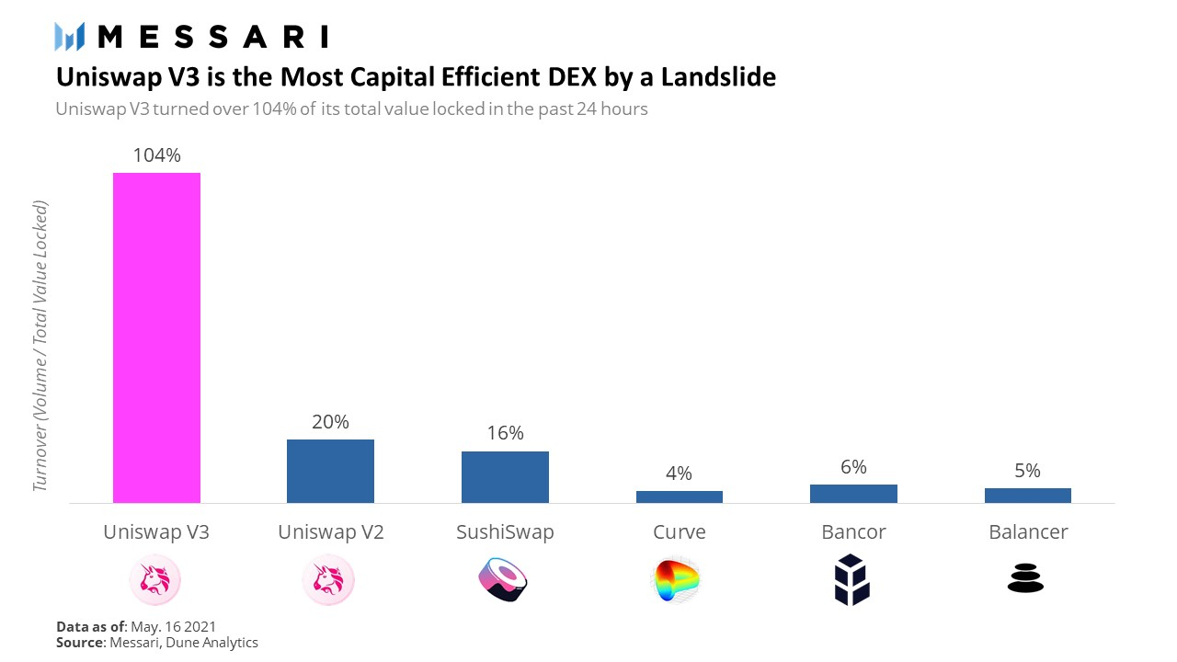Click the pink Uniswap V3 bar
[156, 337]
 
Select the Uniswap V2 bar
[330, 471]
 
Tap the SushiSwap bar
[505, 477]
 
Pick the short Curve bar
[679, 496]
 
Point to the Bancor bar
[853, 494]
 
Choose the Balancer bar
[1027, 496]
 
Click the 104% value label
[156, 155]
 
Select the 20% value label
[330, 422]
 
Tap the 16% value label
[505, 433]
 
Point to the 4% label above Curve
[679, 474]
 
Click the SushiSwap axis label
[505, 531]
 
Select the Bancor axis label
[853, 531]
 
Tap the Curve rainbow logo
[676, 580]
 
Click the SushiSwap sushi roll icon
[504, 580]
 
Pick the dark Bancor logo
[851, 580]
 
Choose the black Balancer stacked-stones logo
[1026, 580]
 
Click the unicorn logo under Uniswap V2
[328, 580]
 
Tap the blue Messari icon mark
[70, 37]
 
